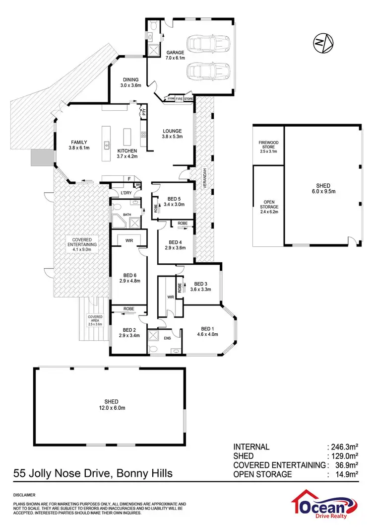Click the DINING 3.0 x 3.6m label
click(130, 82)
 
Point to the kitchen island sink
click(107, 145)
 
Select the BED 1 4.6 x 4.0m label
click(207, 332)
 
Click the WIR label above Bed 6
click(128, 240)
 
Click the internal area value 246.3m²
click(346, 447)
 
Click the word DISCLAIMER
click(23, 495)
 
